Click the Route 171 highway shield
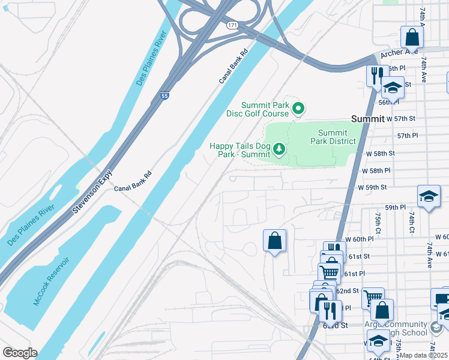(232, 25)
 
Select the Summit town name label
(367, 119)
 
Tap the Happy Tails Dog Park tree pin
(279, 148)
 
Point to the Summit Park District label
(333, 137)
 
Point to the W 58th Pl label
(377, 171)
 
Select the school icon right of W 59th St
(429, 196)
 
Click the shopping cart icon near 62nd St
(373, 296)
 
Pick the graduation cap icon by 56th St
(392, 88)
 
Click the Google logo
(20, 353)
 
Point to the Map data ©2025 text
(424, 355)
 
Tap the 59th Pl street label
(396, 207)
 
